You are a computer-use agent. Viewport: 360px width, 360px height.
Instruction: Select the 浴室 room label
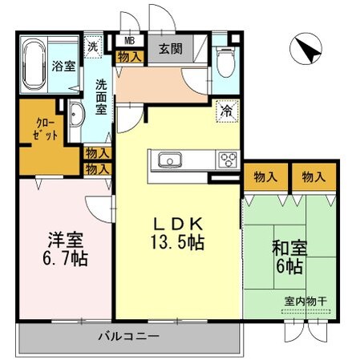click(x=65, y=67)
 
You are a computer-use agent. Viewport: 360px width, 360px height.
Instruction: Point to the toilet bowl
click(x=225, y=59)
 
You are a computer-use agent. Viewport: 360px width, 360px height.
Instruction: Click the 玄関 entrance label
click(x=170, y=48)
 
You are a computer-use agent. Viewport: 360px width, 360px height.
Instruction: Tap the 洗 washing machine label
click(x=95, y=47)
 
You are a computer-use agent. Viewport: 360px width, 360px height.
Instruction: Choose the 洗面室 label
click(x=103, y=97)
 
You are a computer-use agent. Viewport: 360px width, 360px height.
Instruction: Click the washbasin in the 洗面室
click(x=75, y=116)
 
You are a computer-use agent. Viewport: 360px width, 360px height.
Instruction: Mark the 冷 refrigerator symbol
click(x=227, y=111)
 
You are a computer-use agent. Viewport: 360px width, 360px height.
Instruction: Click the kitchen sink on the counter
click(x=171, y=160)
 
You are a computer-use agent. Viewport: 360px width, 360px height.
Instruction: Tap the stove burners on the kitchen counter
click(x=228, y=159)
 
